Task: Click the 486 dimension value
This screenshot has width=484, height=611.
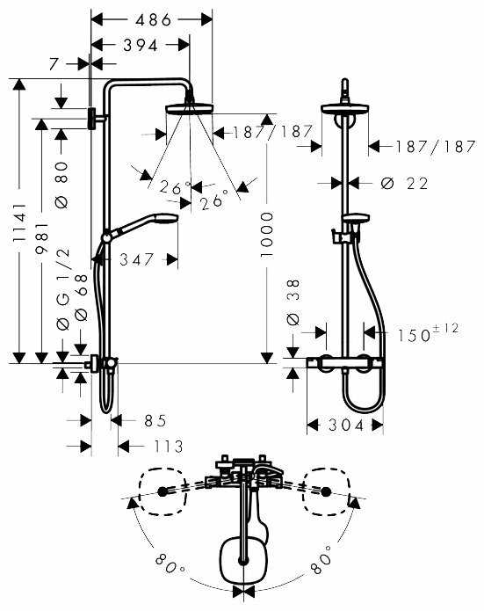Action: pyautogui.click(x=151, y=18)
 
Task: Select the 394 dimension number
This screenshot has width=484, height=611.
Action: pyautogui.click(x=141, y=45)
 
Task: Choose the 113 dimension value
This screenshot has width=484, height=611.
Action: pyautogui.click(x=162, y=447)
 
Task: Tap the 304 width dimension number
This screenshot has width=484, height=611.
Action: pyautogui.click(x=345, y=426)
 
